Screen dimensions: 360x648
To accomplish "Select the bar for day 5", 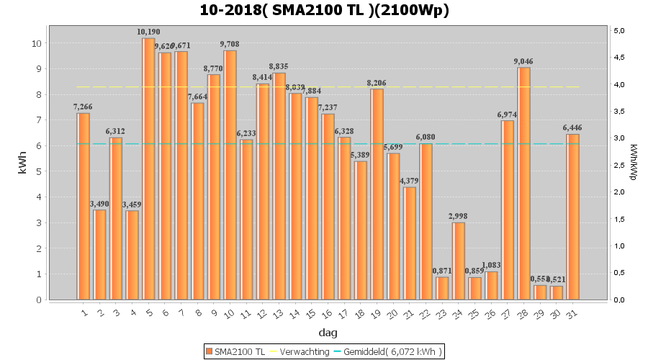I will pyautogui.click(x=148, y=169).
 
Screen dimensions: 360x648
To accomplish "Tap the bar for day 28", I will pyautogui.click(x=523, y=184).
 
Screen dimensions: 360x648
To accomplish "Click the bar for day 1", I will pyautogui.click(x=84, y=206).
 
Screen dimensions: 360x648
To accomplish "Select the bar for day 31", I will pyautogui.click(x=572, y=217).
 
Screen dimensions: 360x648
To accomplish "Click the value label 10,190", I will pyautogui.click(x=148, y=32).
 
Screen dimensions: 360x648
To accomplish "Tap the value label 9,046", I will pyautogui.click(x=523, y=61).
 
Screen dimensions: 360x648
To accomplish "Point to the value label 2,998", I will pyautogui.click(x=459, y=217).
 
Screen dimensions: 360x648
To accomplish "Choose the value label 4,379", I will pyautogui.click(x=409, y=181).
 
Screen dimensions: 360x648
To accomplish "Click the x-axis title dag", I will pyautogui.click(x=328, y=333).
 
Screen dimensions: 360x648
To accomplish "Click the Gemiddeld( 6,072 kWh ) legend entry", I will pyautogui.click(x=393, y=351).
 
